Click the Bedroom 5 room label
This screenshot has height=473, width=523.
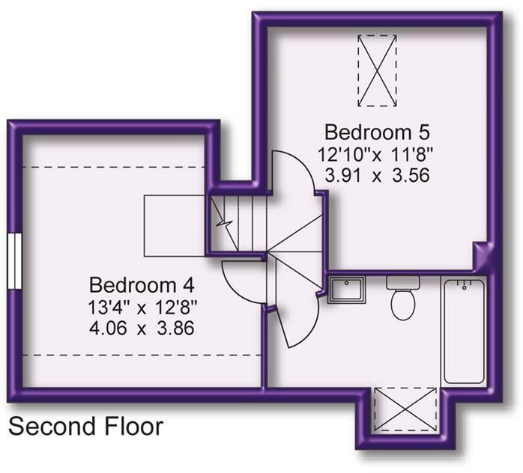(x=377, y=132)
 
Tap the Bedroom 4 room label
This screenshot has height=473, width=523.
(x=142, y=285)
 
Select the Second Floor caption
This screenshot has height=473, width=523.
(x=85, y=427)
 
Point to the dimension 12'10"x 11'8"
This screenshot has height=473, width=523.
(x=375, y=154)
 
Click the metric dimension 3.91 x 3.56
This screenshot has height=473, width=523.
(x=377, y=175)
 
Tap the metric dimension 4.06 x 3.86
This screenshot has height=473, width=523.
(x=142, y=328)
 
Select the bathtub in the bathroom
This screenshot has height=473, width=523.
(x=464, y=332)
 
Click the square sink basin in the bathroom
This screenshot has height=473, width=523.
(x=347, y=290)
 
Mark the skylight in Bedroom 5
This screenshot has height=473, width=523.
(x=377, y=71)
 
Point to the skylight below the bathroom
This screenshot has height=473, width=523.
(x=405, y=409)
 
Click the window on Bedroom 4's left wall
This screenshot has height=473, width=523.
(x=14, y=260)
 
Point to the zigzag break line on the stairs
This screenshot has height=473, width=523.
(x=224, y=222)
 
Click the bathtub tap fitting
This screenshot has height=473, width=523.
(x=464, y=285)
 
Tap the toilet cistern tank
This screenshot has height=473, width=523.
(x=403, y=282)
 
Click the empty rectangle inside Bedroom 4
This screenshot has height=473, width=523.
(x=175, y=226)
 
